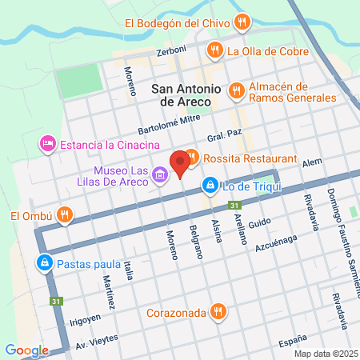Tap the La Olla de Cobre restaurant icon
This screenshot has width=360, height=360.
pyautogui.click(x=214, y=52)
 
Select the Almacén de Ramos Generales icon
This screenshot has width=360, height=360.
pyautogui.click(x=235, y=91)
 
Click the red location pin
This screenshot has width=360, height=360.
pyautogui.click(x=180, y=163)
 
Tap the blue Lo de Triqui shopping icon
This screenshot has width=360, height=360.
pyautogui.click(x=210, y=186)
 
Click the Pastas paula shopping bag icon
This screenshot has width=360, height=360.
pyautogui.click(x=43, y=263)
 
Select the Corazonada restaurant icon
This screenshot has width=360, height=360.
pyautogui.click(x=217, y=311)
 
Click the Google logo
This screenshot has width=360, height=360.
pyautogui.click(x=26, y=350)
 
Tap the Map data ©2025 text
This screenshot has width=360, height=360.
pyautogui.click(x=324, y=354)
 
